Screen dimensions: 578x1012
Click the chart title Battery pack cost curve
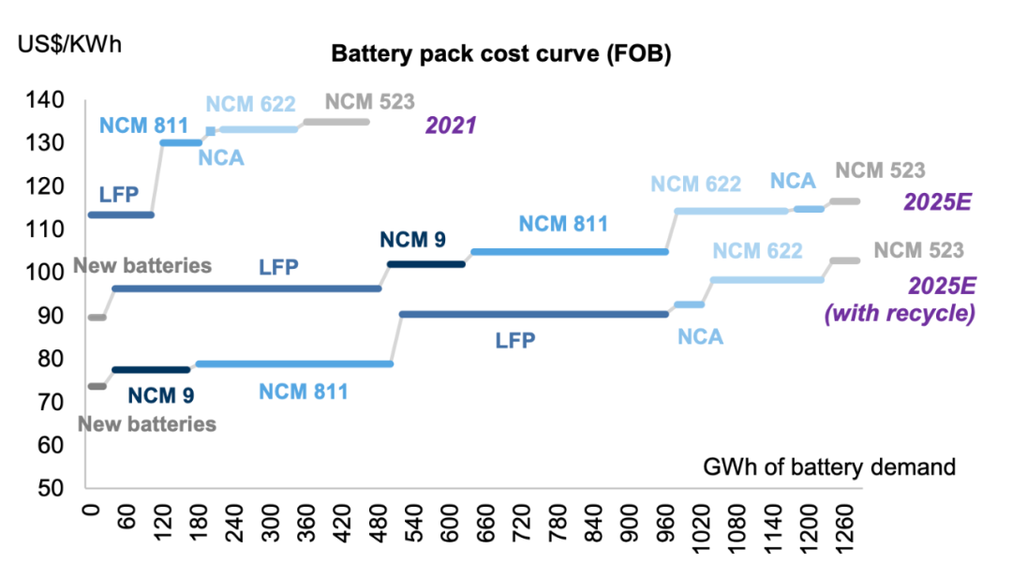(x=501, y=55)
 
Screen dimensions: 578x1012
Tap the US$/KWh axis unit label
(x=70, y=43)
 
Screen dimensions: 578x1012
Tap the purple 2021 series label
(x=452, y=125)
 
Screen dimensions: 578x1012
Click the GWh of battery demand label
(x=828, y=466)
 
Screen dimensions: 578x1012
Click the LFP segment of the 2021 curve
(x=120, y=215)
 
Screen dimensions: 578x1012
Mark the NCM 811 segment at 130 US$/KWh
(x=181, y=142)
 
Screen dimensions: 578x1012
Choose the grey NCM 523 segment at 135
(x=336, y=122)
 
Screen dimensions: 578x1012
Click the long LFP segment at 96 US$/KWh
(x=247, y=289)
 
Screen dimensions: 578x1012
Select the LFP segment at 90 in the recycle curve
(x=534, y=315)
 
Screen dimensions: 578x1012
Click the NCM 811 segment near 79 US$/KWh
(x=294, y=363)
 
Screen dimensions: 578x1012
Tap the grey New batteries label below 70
(x=147, y=424)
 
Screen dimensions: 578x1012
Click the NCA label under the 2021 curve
(x=221, y=157)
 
